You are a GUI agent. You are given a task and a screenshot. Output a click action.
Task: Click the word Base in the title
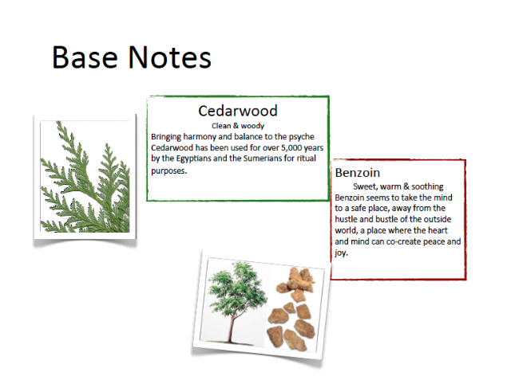pyautogui.click(x=85, y=57)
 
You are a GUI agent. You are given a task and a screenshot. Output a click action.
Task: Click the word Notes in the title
pyautogui.click(x=170, y=57)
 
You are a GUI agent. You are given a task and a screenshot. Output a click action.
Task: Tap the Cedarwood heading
pyautogui.click(x=238, y=111)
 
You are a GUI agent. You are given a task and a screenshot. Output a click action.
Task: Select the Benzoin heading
pyautogui.click(x=358, y=173)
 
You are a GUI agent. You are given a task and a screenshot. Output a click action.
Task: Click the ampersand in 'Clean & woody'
pyautogui.click(x=236, y=126)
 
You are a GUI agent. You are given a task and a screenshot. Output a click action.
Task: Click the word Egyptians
pyautogui.click(x=194, y=159)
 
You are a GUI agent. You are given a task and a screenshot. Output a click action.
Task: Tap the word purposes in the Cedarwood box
pyautogui.click(x=169, y=171)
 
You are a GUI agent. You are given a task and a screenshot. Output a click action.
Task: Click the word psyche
pyautogui.click(x=302, y=137)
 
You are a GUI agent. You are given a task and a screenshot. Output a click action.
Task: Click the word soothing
pyautogui.click(x=427, y=186)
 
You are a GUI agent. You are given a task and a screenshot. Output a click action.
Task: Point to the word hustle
pyautogui.click(x=346, y=219)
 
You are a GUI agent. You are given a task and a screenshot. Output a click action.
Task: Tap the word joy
pyautogui.click(x=341, y=253)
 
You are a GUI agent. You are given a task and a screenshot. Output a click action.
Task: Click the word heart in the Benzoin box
pyautogui.click(x=438, y=230)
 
